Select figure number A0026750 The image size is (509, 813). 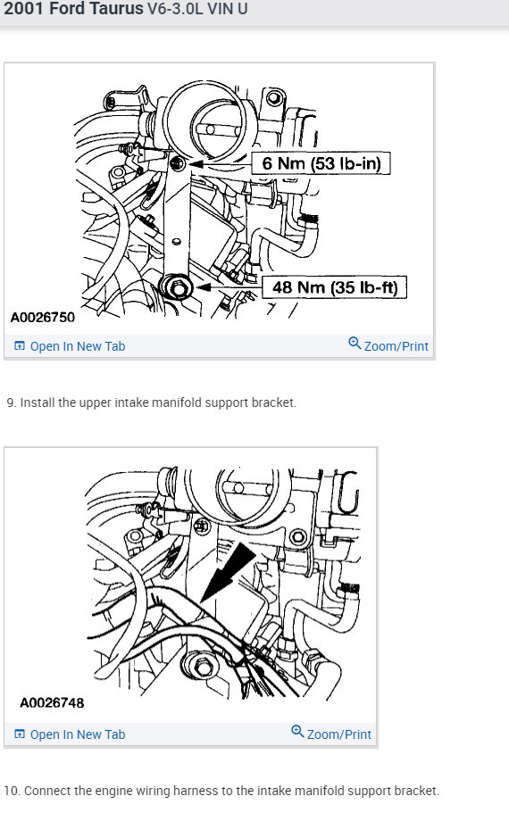[x=43, y=317]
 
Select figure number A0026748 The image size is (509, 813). [x=52, y=702]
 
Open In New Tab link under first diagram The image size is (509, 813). [x=77, y=346]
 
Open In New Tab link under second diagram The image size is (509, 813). [x=77, y=734]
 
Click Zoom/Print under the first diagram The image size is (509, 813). [x=396, y=346]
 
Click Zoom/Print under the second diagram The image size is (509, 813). [x=338, y=734]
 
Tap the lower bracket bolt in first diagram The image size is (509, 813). [x=176, y=287]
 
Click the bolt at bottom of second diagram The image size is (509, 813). [x=200, y=668]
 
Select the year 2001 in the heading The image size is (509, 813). [x=21, y=10]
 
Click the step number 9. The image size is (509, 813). [x=11, y=402]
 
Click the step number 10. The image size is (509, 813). [x=12, y=791]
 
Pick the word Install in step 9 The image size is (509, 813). [x=39, y=402]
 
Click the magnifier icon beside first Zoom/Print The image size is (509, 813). [x=355, y=344]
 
